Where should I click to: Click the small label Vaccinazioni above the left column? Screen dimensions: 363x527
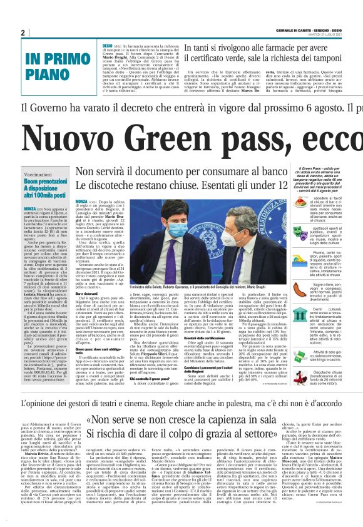[x=38, y=174]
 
